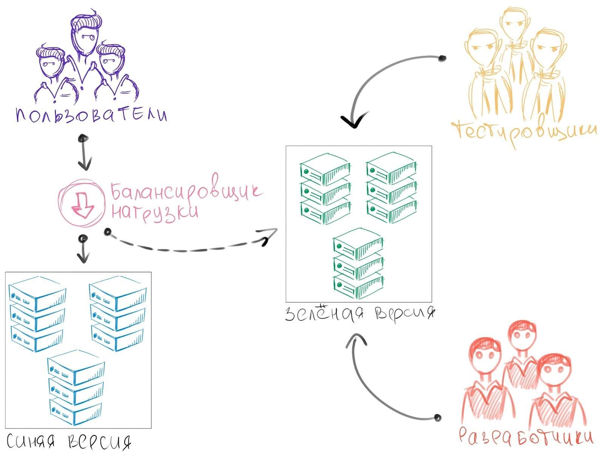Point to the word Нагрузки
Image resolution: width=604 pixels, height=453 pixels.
(x=155, y=211)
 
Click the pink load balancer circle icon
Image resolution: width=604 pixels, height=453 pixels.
(x=81, y=202)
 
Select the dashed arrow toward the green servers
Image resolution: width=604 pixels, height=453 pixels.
(x=189, y=247)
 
